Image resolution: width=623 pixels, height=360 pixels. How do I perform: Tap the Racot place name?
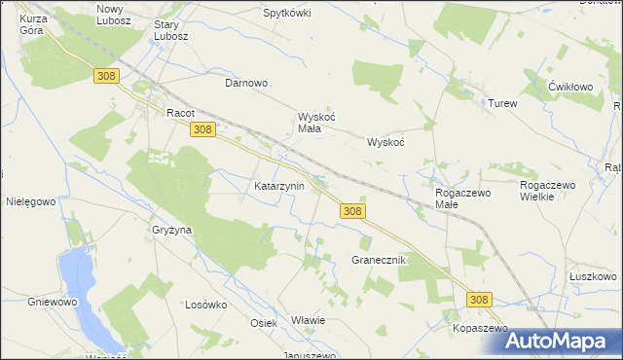click(x=182, y=112)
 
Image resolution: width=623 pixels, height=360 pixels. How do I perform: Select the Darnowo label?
click(x=246, y=83)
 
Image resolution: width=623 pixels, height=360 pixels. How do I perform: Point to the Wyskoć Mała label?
click(x=316, y=123)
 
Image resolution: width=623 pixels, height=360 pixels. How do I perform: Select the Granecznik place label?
click(x=377, y=261)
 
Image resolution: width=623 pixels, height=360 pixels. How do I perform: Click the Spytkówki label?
click(x=287, y=14)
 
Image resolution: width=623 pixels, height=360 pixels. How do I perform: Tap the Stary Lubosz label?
click(x=172, y=29)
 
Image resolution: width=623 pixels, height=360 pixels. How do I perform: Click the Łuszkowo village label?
click(x=593, y=276)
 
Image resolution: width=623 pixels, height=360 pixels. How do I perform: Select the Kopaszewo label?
click(x=481, y=329)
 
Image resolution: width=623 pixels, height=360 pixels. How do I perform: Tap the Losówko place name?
click(x=205, y=304)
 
